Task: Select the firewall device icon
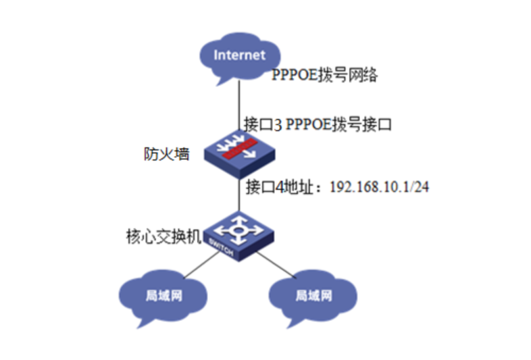(x=239, y=153)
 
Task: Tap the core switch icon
(x=239, y=234)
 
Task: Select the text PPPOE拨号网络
(x=324, y=76)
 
